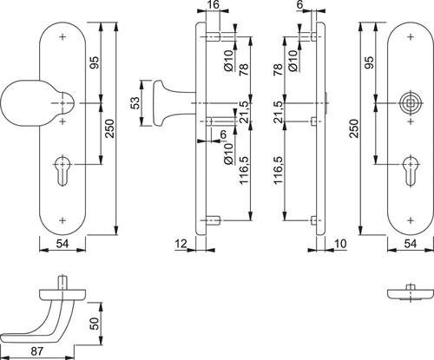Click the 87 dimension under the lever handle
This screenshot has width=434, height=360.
coord(36,351)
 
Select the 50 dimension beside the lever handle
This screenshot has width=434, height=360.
coord(95,324)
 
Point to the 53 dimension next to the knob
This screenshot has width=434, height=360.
coord(135,103)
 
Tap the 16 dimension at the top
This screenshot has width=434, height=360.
coord(214,4)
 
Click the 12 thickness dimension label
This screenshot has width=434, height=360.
coord(181,244)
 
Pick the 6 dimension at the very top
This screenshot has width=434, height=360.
coord(299,4)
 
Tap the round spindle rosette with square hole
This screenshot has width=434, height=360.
coord(411,103)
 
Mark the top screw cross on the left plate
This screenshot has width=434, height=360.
coord(62,37)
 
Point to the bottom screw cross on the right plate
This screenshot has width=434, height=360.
coord(411,220)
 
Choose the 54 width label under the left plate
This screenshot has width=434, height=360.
coord(62,244)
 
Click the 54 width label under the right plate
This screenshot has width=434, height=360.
coord(411,244)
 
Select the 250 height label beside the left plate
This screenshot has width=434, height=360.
coord(110,128)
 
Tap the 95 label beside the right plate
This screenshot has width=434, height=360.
coord(369,62)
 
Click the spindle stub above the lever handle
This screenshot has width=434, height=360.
coord(62,282)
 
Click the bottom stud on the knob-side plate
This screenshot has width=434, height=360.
coord(214,220)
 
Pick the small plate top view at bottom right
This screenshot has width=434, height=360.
coord(411,293)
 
